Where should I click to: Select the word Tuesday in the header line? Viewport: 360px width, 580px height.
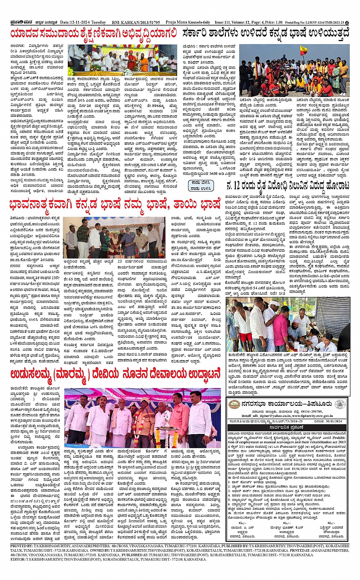point(98,22)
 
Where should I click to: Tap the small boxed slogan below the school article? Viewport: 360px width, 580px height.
point(200,185)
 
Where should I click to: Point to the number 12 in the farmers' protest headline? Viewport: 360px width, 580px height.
point(237,186)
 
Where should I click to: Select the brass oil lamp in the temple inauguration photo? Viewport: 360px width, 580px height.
point(164,430)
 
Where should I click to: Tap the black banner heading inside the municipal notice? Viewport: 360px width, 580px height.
point(286,427)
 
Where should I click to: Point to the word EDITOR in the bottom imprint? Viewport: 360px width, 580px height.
point(18,559)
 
